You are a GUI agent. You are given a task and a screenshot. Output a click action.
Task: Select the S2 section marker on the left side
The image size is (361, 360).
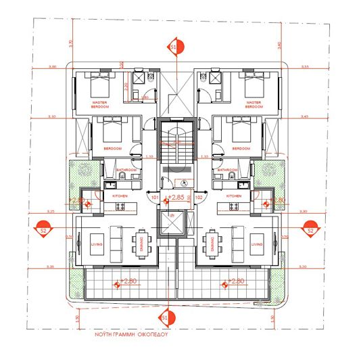43,229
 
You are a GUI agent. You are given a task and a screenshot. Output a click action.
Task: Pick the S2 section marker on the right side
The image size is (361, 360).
310,229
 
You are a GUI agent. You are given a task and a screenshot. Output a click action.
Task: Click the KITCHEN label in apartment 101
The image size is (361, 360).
120,196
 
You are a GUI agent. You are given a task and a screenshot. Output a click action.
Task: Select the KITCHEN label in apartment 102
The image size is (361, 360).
234,196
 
